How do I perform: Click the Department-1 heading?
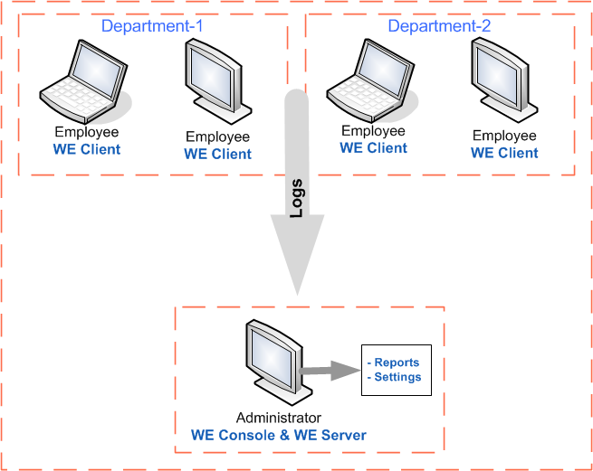tap(151, 26)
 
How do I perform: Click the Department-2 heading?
tap(439, 26)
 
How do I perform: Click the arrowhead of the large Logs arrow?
tap(297, 262)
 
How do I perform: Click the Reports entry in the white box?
tap(396, 363)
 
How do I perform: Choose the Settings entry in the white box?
tap(397, 377)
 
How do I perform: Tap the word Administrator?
tap(278, 418)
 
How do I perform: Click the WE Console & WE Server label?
tap(278, 435)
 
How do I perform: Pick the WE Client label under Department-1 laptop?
tap(86, 149)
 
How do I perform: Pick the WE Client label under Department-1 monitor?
tap(217, 154)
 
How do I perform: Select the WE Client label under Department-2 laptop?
tap(373, 148)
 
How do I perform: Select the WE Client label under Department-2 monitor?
tap(504, 153)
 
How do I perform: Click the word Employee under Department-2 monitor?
tap(504, 136)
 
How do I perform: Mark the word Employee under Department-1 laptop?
tap(86, 132)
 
